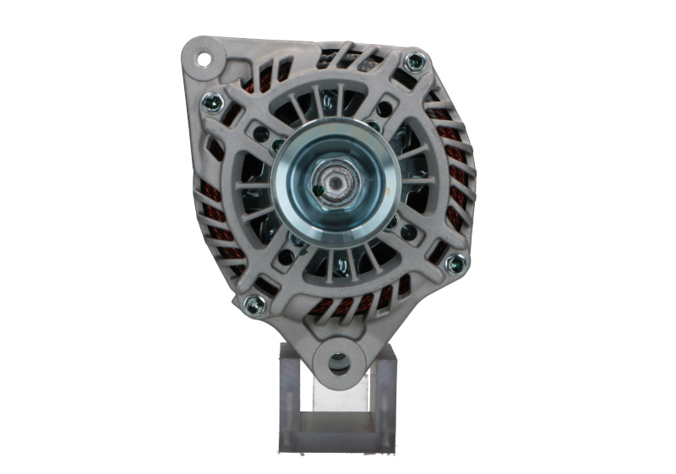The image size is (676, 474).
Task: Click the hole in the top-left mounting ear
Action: pos(204,60)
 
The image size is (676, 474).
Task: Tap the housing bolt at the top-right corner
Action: pos(413,62)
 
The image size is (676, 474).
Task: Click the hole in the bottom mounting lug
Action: pos(339,363)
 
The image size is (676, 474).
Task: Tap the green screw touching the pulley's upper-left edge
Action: pos(278,144)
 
